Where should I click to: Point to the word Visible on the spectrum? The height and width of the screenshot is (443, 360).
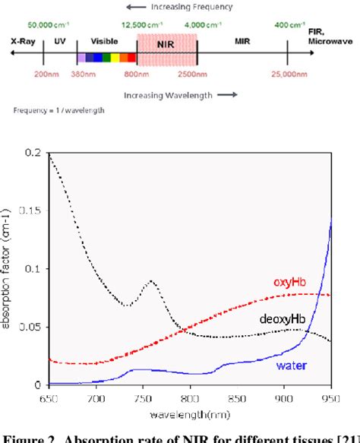(x=104, y=44)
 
